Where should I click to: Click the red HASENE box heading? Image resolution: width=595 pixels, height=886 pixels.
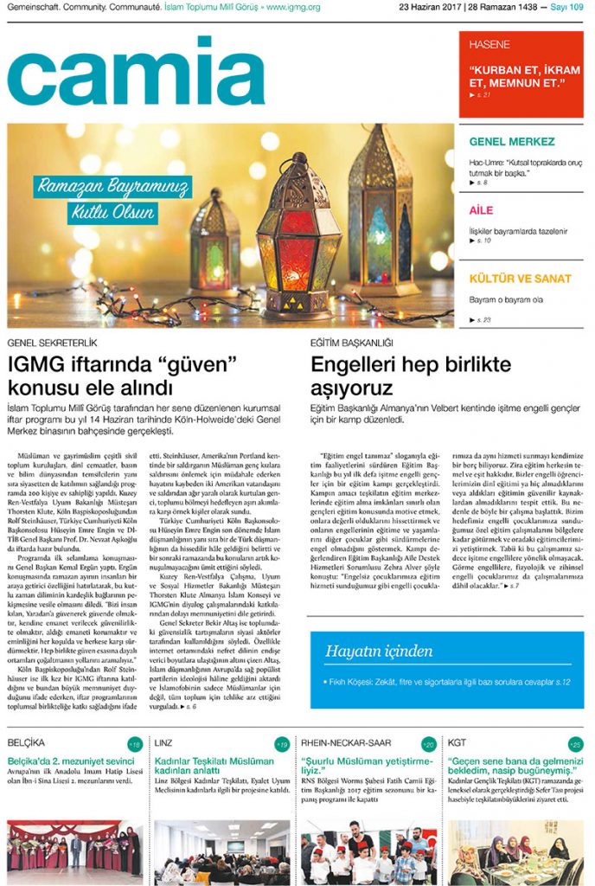tap(489, 44)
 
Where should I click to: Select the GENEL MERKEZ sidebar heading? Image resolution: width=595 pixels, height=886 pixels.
tap(512, 142)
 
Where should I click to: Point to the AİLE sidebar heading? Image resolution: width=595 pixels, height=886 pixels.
tap(482, 210)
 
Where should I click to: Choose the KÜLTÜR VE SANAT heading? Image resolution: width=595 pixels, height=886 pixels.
tap(520, 279)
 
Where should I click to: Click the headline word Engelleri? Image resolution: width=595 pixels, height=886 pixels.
tap(350, 364)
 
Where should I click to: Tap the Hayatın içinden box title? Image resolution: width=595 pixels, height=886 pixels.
tap(379, 651)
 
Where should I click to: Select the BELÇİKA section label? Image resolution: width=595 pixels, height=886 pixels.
tap(27, 743)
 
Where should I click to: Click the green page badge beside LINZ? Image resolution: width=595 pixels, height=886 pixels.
tap(282, 744)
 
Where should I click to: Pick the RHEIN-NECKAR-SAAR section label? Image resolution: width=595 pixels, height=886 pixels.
tap(346, 743)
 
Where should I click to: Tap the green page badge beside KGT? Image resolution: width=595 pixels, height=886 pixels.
tap(575, 744)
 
